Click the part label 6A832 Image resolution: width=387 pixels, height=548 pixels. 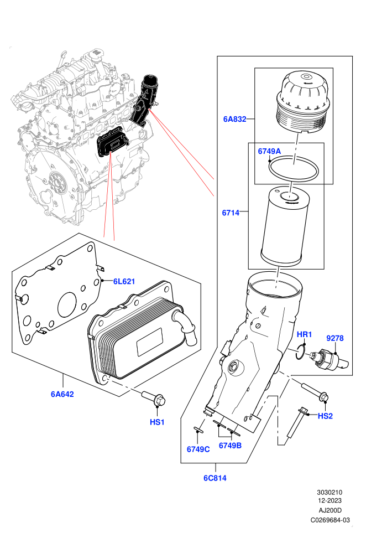(x=234, y=119)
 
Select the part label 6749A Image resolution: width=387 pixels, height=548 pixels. (x=269, y=151)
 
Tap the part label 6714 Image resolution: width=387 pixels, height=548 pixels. (x=231, y=213)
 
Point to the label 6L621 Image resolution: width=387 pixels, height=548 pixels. (x=124, y=281)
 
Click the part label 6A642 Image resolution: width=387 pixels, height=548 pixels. (x=62, y=394)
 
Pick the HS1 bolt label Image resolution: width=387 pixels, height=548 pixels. (x=157, y=422)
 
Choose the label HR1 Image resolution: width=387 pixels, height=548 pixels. (x=304, y=334)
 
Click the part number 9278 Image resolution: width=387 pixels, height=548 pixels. (x=335, y=338)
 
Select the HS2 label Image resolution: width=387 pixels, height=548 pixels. (x=325, y=416)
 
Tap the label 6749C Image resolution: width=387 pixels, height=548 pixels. (x=198, y=449)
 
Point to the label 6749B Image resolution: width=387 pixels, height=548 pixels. (x=231, y=446)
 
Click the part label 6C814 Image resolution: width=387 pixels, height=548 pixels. (x=215, y=478)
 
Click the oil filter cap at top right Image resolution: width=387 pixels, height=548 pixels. (x=302, y=102)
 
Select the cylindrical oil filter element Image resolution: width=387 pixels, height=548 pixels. (x=285, y=225)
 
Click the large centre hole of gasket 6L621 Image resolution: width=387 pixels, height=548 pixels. (x=67, y=305)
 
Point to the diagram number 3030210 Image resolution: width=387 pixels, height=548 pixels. (x=330, y=493)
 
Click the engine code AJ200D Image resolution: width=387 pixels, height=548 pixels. (x=330, y=510)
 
